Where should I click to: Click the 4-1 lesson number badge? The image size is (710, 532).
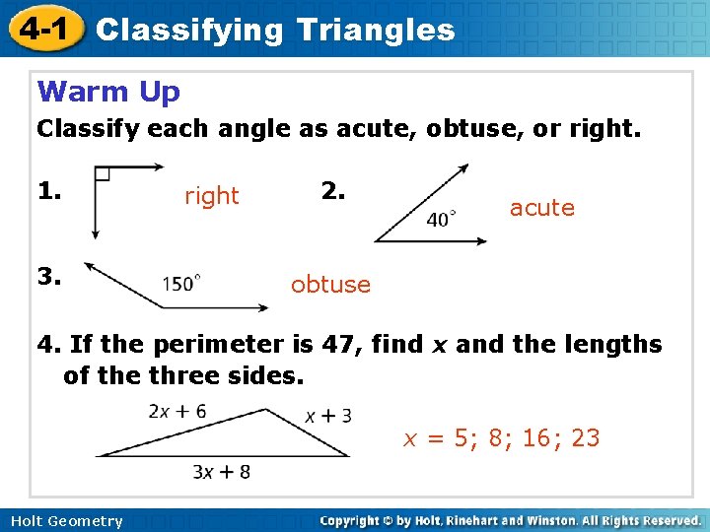point(41,29)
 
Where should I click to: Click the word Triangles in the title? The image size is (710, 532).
point(374,30)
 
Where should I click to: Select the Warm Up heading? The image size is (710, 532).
point(108,92)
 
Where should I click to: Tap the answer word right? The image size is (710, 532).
point(212,196)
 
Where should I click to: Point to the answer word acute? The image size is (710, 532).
point(541,207)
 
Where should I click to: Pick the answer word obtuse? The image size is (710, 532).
point(330,285)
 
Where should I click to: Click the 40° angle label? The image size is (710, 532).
point(440,220)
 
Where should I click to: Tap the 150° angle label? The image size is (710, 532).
point(182,284)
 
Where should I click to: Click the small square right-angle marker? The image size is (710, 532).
point(102,174)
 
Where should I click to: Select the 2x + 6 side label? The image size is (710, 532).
point(177,411)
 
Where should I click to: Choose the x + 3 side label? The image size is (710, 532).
point(328,416)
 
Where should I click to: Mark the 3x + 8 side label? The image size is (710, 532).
point(221,472)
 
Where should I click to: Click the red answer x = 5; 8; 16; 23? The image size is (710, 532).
point(501,437)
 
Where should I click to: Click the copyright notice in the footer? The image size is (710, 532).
point(510,520)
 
